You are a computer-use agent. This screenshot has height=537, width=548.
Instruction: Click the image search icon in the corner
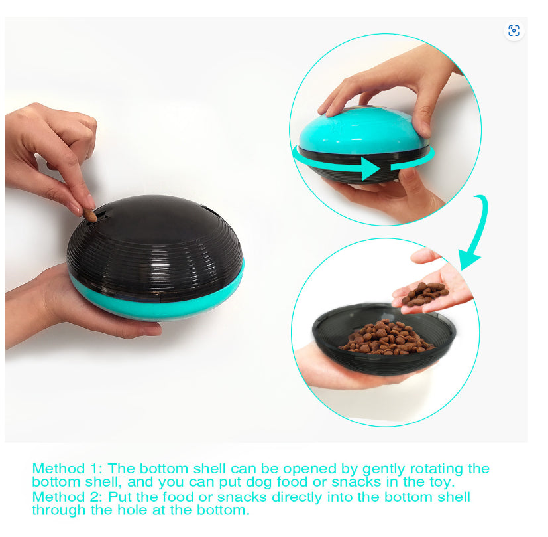(x=514, y=31)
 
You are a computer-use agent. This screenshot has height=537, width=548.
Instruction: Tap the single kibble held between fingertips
(x=90, y=215)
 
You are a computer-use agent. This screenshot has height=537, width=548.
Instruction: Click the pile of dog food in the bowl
(x=386, y=337)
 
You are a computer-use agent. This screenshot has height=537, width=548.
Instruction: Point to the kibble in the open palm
(x=424, y=293)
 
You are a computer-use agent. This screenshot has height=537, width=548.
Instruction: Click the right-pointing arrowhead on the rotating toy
(x=370, y=169)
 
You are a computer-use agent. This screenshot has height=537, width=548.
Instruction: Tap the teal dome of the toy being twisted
(x=362, y=130)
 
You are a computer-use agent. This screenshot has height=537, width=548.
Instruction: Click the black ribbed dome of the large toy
(x=154, y=245)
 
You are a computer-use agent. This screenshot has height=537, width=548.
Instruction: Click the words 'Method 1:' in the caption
(x=67, y=469)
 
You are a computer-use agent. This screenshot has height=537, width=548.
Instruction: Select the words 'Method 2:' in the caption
(x=67, y=497)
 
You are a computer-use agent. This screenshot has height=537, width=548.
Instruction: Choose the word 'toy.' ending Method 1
(x=442, y=483)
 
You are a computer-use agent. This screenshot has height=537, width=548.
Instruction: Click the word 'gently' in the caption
(x=384, y=469)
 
